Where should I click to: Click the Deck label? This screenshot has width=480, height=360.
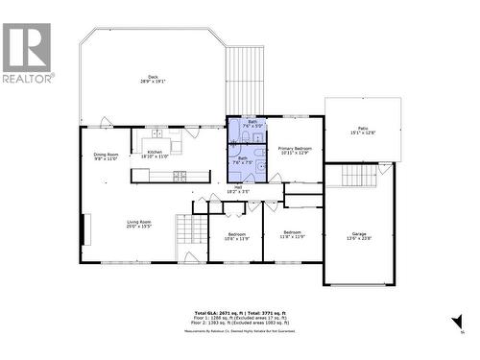click(151, 79)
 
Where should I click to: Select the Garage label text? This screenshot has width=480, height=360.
click(359, 236)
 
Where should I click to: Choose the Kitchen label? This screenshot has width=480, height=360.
click(156, 154)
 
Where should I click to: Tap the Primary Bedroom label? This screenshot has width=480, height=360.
click(295, 151)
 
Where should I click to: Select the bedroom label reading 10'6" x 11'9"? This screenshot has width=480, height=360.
click(237, 236)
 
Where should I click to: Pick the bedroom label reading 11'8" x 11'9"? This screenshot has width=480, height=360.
click(292, 234)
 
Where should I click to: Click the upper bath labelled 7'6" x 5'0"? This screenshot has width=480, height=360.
click(252, 124)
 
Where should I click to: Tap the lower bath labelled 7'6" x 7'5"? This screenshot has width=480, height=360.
click(243, 160)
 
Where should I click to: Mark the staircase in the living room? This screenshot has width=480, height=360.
click(188, 236)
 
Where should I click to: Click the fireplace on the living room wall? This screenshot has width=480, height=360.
click(84, 231)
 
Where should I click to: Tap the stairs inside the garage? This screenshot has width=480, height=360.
click(359, 177)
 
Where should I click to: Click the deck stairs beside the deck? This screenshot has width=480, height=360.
click(244, 81)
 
